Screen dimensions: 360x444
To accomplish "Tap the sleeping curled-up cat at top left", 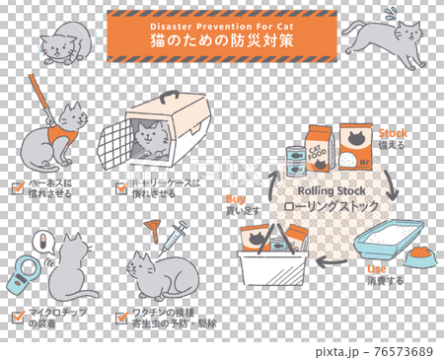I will tap(63, 43).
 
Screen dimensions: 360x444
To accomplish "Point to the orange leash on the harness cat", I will tap(39, 87).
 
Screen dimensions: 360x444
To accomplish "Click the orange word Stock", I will tap(393, 132).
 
